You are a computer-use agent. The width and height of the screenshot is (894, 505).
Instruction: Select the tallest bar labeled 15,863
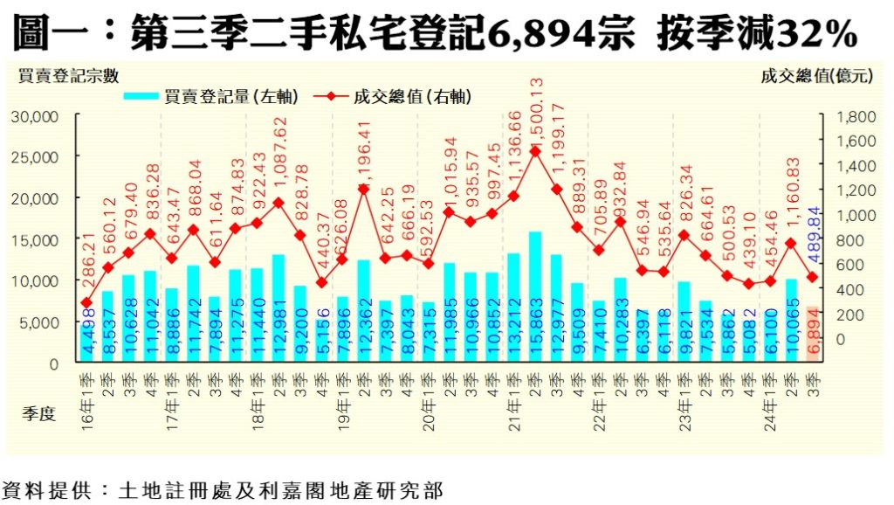pos(535,297)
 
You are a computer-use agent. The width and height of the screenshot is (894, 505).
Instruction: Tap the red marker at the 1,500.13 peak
pos(535,150)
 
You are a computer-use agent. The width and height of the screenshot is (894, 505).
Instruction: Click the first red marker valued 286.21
pos(86,302)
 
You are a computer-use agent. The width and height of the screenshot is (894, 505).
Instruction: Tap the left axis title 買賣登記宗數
pos(69,76)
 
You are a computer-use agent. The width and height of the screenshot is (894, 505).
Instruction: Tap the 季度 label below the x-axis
pos(38,414)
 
